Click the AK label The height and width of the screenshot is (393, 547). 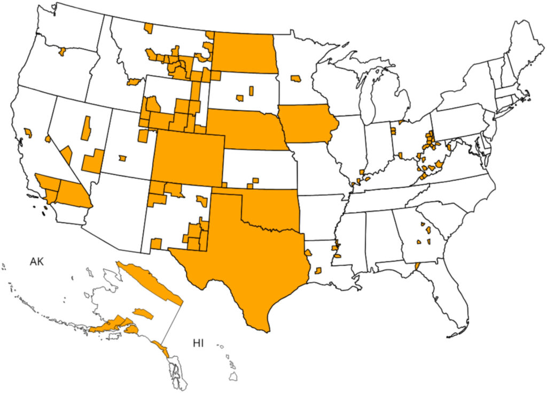(x=36, y=261)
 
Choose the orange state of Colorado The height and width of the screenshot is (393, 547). (x=187, y=158)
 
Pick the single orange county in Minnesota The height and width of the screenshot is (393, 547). (x=295, y=79)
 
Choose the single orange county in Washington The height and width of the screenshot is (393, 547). (x=62, y=51)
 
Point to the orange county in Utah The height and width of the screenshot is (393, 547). (x=123, y=158)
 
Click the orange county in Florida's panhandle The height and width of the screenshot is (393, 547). (x=417, y=265)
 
